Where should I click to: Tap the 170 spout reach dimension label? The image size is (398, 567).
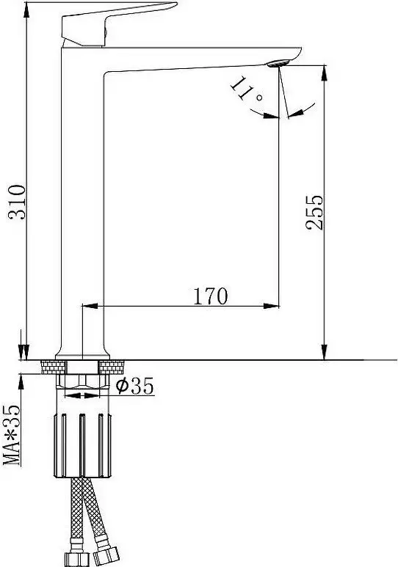click(x=211, y=296)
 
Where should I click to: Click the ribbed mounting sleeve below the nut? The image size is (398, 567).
click(x=82, y=445)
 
